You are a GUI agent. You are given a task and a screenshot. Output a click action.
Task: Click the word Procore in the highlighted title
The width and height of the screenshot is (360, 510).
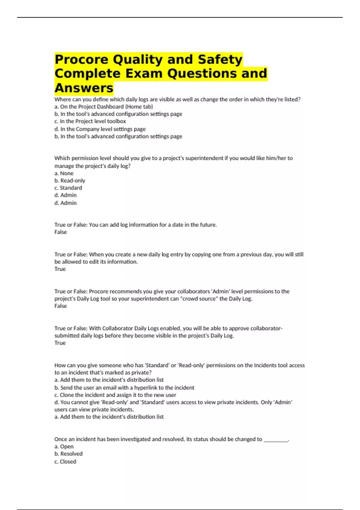(x=81, y=59)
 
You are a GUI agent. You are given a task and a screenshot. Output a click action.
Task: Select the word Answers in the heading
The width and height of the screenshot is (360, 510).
(x=84, y=88)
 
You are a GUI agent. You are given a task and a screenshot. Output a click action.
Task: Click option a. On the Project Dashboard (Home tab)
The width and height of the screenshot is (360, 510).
(x=103, y=106)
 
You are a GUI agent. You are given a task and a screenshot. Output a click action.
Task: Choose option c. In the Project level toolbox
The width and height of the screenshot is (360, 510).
(x=90, y=121)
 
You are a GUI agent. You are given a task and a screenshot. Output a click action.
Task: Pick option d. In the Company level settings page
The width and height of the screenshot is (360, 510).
(x=100, y=129)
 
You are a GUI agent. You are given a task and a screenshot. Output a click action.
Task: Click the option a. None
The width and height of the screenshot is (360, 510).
(x=64, y=173)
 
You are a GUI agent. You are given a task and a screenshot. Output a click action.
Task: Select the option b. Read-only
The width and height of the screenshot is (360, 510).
(x=70, y=181)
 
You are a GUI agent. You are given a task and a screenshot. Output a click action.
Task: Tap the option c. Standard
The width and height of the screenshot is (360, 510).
(x=68, y=188)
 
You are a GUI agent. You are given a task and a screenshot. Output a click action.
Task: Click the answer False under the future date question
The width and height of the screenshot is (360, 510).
(x=61, y=232)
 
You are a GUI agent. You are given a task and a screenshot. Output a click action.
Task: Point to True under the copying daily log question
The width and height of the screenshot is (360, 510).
(x=60, y=269)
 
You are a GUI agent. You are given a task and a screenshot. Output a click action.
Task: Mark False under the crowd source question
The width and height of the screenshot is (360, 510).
(x=61, y=306)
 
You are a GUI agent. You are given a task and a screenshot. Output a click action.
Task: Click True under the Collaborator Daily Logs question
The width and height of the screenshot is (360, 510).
(x=60, y=343)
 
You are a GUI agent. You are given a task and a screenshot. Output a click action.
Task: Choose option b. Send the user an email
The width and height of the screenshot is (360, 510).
(x=124, y=388)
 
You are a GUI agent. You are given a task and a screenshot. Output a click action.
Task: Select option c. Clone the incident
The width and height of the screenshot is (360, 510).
(x=115, y=395)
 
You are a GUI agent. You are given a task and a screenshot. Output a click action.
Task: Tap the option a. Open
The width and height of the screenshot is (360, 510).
(x=64, y=446)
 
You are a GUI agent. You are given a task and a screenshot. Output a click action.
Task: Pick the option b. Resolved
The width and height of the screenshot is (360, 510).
(x=68, y=454)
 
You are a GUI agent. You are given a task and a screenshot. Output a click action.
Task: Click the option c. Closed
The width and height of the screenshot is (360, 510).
(x=65, y=461)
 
